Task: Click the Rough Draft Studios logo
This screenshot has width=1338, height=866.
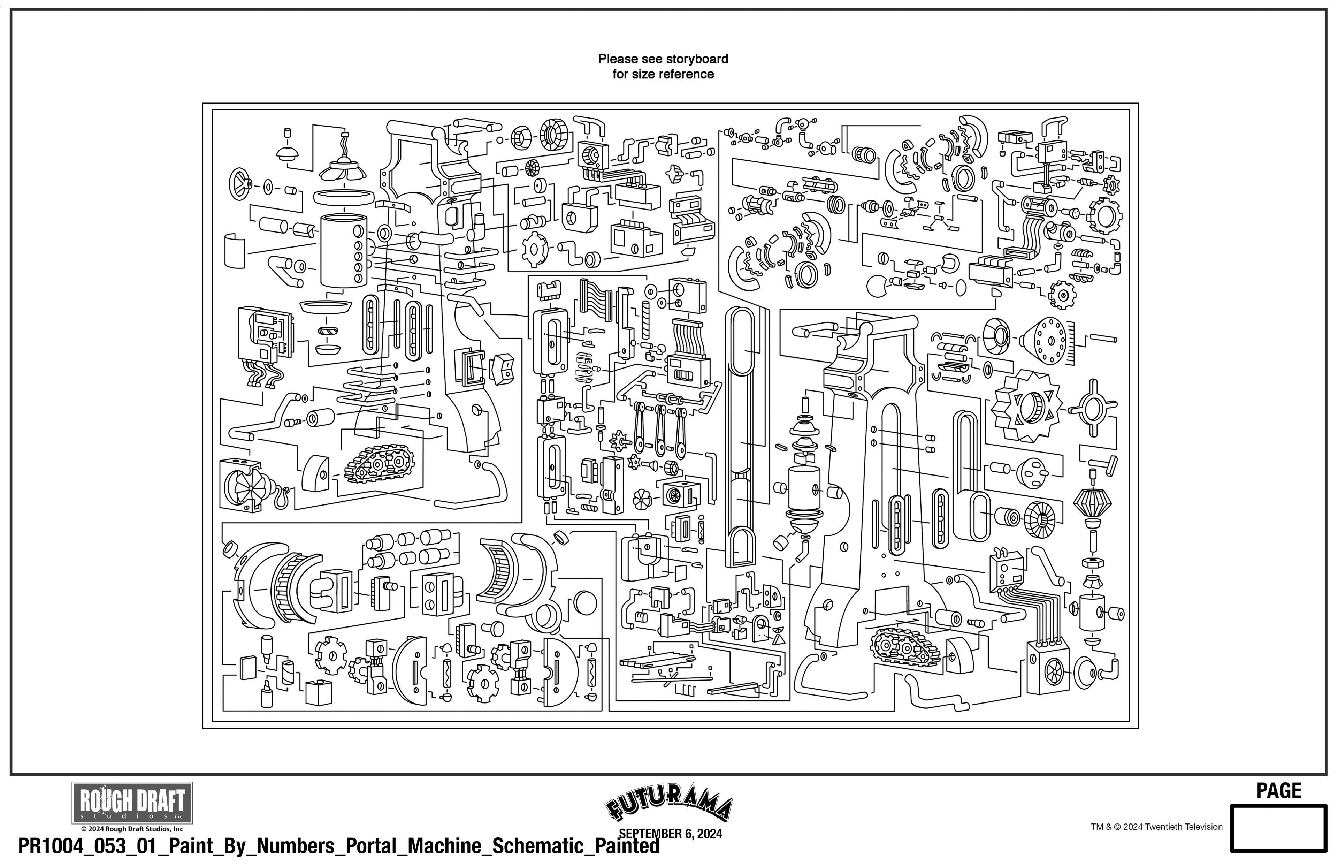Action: (x=132, y=803)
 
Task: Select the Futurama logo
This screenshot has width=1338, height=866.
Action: (x=669, y=808)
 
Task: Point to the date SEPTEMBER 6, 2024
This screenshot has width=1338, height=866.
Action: (x=670, y=834)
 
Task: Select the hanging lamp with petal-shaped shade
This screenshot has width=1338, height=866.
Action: (x=342, y=163)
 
